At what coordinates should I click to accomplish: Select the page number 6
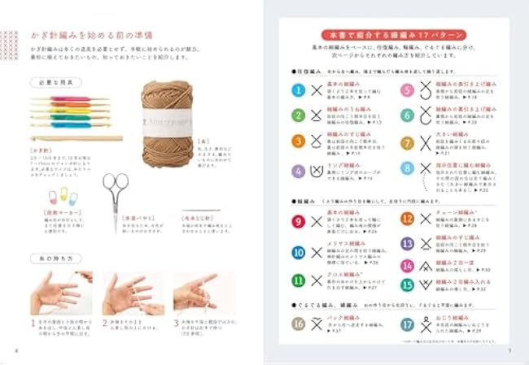click(x=16, y=351)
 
